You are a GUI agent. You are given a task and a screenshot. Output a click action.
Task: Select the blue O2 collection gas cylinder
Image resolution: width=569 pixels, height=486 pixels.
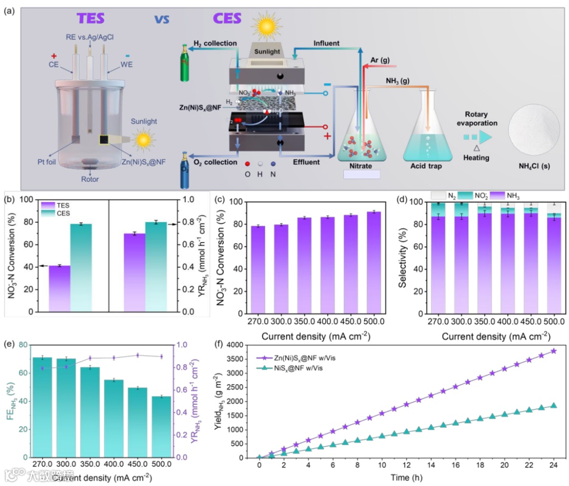[x=185, y=170]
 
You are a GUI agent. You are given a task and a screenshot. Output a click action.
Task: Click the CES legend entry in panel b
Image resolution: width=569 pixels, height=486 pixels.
[x=65, y=212]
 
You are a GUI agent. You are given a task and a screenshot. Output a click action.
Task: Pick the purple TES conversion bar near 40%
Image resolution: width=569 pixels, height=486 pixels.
[x=60, y=289]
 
